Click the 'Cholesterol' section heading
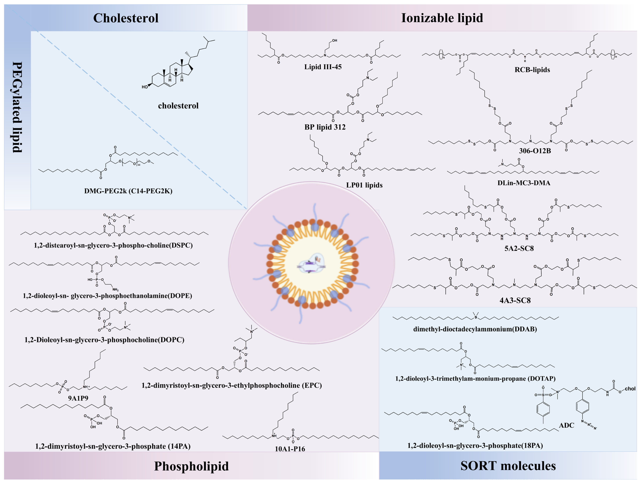tap(126, 18)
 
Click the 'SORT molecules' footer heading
tap(508, 466)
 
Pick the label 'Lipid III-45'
tap(323, 67)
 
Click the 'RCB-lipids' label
tap(532, 70)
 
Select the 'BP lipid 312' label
tap(325, 127)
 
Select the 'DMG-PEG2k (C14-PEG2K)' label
tap(128, 191)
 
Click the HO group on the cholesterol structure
tap(145, 87)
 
